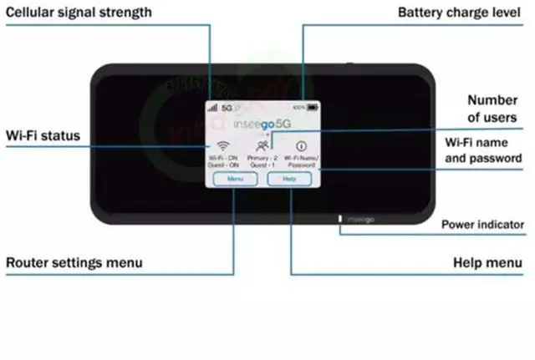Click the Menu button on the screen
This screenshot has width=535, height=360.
point(235,179)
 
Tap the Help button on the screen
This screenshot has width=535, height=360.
point(289,179)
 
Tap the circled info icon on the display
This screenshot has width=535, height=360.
point(300,144)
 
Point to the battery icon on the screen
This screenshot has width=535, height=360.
point(313,108)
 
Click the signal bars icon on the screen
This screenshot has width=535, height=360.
point(212,108)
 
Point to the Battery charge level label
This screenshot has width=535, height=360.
point(461,13)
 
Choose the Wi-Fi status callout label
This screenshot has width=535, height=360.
point(43,134)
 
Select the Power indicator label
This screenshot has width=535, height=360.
point(482,224)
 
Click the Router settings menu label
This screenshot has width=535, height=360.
point(74,262)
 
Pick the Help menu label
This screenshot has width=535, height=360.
point(487,262)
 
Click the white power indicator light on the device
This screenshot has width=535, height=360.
point(339,221)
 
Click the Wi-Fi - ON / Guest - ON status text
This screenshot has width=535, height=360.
point(224,161)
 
